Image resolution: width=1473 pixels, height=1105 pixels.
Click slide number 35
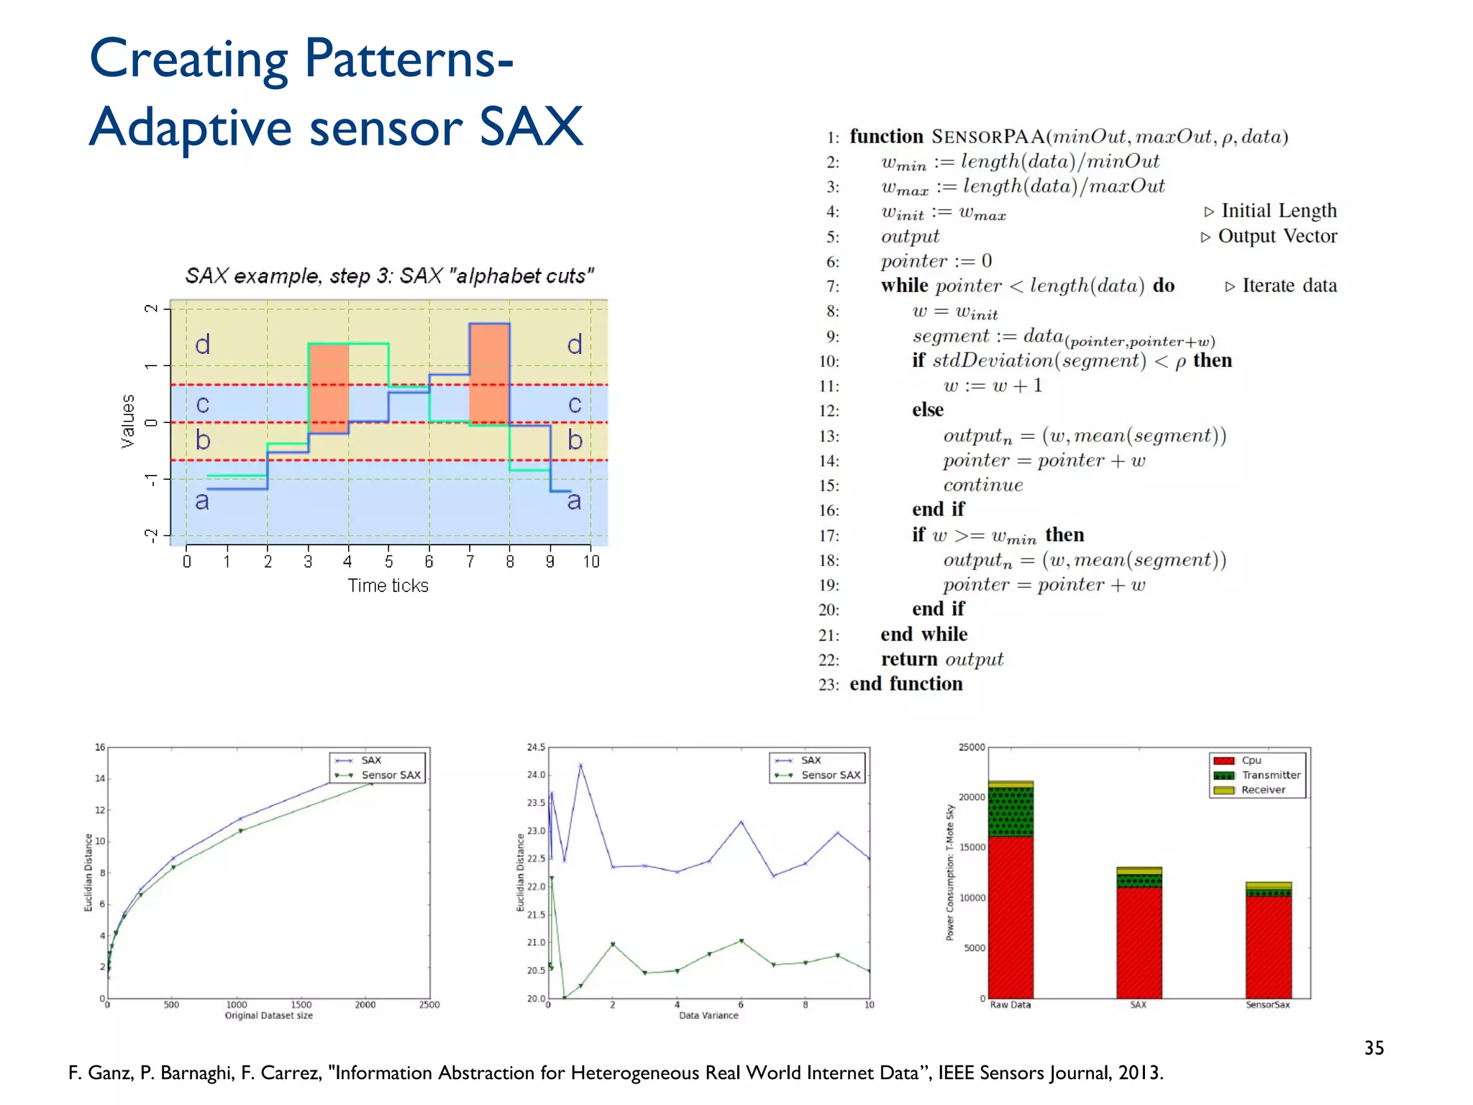pyautogui.click(x=1374, y=1047)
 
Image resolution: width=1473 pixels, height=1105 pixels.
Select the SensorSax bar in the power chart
pyautogui.click(x=1268, y=942)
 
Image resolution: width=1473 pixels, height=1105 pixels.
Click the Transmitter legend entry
pyautogui.click(x=1270, y=775)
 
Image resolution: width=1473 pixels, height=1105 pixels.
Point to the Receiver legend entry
pyautogui.click(x=1263, y=790)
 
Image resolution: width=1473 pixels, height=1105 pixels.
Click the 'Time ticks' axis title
pyautogui.click(x=388, y=586)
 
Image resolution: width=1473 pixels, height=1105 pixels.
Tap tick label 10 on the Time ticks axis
pyautogui.click(x=590, y=562)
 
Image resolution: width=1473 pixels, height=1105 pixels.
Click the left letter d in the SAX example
pyautogui.click(x=203, y=345)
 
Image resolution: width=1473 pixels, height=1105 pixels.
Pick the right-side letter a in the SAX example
pyautogui.click(x=574, y=501)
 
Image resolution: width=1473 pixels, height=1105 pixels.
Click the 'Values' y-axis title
pyautogui.click(x=128, y=421)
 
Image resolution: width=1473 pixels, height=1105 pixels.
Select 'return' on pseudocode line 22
pyautogui.click(x=909, y=659)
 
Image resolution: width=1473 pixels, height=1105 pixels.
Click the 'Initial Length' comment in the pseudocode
pyautogui.click(x=1279, y=211)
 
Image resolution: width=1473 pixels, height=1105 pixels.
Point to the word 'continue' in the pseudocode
pyautogui.click(x=982, y=485)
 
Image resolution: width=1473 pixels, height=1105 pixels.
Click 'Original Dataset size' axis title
pyautogui.click(x=268, y=1016)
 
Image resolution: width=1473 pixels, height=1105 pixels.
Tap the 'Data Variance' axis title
pyautogui.click(x=708, y=1016)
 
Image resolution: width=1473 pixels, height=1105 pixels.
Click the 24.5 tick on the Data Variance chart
pyautogui.click(x=536, y=747)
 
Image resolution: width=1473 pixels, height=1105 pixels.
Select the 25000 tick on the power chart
pyautogui.click(x=971, y=747)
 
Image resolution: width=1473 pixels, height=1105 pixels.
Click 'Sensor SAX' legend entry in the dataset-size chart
pyautogui.click(x=391, y=775)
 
